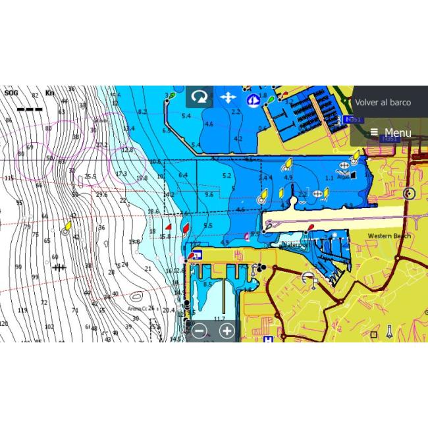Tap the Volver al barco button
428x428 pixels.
383,103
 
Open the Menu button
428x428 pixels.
391,133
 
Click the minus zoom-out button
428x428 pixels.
200,331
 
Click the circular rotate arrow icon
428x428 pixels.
198,97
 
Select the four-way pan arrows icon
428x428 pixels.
227,97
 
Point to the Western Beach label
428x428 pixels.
388,236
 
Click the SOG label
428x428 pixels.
11,93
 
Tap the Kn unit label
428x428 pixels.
49,93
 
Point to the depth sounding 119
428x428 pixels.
23,310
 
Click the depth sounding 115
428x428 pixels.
9,178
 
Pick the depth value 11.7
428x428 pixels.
219,319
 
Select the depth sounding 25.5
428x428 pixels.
90,176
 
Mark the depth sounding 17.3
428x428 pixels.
121,174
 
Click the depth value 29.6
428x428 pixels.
101,194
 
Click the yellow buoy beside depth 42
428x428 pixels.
67,226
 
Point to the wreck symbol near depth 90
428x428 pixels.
59,267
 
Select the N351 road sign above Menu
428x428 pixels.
352,119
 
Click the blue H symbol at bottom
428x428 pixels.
268,338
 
